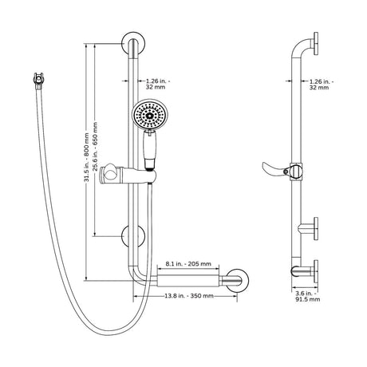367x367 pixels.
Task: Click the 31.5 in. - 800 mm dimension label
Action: click(x=86, y=157)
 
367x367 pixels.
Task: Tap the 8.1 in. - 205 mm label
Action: click(x=188, y=264)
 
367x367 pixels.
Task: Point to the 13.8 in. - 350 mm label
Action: click(x=189, y=296)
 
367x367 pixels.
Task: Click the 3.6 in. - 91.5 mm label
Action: click(x=308, y=296)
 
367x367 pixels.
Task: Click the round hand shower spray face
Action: click(x=150, y=115)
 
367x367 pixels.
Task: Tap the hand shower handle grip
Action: click(x=150, y=150)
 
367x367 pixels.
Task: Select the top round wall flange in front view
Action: click(x=133, y=43)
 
